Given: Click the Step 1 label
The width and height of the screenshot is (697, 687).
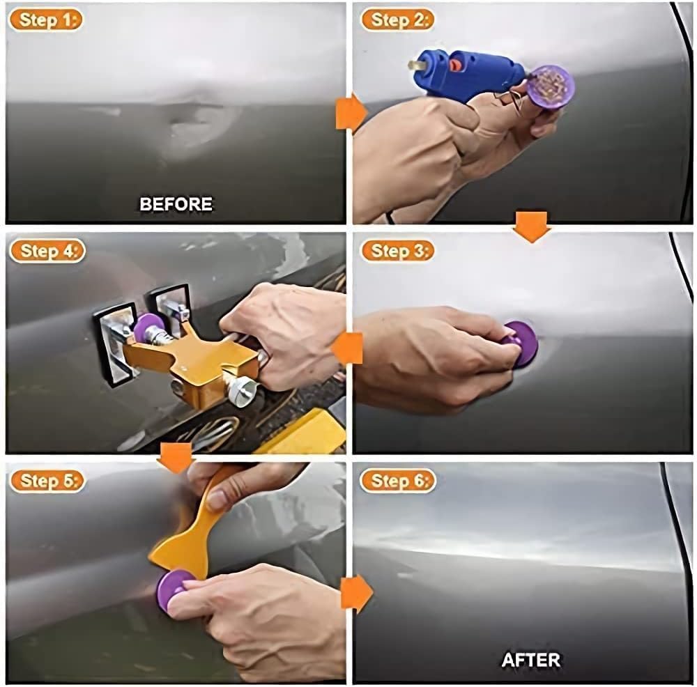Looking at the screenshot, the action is coord(45,20).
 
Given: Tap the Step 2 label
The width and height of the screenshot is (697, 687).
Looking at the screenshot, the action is coord(397,20).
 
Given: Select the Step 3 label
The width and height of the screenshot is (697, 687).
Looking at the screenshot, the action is coord(397,251).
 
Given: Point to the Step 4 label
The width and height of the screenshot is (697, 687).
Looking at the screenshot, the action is coord(47,251).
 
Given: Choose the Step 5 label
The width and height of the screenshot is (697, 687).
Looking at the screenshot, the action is coord(47,481).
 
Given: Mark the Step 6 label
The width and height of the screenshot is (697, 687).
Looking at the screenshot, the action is coord(397,481).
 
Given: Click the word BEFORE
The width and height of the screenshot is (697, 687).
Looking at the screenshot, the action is coord(176,204).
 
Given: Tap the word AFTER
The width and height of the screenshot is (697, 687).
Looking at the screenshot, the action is coord(531,659).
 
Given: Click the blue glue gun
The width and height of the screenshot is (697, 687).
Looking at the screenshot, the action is coord(467,70).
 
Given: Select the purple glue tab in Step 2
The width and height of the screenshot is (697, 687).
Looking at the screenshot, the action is coord(551,85).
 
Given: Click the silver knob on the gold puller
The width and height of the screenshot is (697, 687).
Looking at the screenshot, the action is coord(240,391).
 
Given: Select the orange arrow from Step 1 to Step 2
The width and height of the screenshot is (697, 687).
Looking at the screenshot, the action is coord(351,112).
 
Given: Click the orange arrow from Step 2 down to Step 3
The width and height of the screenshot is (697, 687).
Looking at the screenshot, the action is coord(532,226).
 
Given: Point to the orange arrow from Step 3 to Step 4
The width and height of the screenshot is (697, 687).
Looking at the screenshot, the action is coord(347,348).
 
